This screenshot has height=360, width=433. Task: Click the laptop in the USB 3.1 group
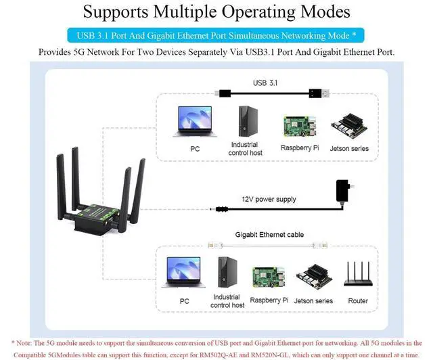click(195, 123)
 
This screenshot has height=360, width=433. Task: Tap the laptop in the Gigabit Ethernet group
click(183, 272)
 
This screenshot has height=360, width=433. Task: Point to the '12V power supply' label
click(269, 200)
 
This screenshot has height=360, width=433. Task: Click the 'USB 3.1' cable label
click(265, 83)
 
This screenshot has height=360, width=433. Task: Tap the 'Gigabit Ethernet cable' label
click(269, 235)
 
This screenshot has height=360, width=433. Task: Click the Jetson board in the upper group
click(349, 127)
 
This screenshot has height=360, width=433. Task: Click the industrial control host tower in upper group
click(244, 122)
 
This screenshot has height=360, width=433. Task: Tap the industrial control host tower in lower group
click(227, 273)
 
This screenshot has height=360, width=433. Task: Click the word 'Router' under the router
click(358, 301)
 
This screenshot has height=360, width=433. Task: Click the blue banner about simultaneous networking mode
click(216, 35)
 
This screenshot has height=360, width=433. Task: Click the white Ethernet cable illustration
click(269, 244)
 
